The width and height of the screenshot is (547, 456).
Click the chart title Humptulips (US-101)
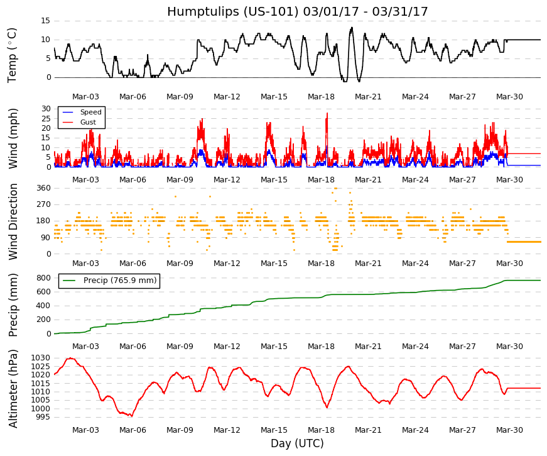pos(233,12)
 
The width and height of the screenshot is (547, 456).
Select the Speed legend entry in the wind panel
pos(90,112)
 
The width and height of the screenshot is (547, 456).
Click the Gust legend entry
pos(88,122)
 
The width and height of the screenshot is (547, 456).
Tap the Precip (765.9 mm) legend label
pos(120,281)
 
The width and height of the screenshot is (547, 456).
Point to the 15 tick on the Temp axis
pos(46,21)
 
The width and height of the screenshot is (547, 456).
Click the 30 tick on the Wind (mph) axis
pos(46,109)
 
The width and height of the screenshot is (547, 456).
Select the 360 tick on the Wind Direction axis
pos(44,188)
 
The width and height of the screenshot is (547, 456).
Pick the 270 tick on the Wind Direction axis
pos(44,204)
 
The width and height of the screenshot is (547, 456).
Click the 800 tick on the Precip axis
pos(44,278)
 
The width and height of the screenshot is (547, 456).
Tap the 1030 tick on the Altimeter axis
pos(41,358)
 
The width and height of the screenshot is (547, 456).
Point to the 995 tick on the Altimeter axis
pos(43,417)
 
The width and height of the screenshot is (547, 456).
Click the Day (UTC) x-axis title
pos(297,443)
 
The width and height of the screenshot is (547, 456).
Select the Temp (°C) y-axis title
pos(12,55)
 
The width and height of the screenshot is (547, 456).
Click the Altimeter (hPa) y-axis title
pos(13,389)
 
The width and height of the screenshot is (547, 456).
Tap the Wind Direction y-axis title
pos(13,222)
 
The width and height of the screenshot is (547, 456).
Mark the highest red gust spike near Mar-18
pos(327,113)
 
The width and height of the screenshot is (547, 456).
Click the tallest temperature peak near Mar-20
pos(352,28)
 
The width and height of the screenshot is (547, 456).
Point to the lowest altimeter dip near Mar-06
pos(131,416)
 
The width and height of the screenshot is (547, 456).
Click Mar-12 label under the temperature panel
pos(227,97)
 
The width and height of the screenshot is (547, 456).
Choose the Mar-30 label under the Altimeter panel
pos(509,430)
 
